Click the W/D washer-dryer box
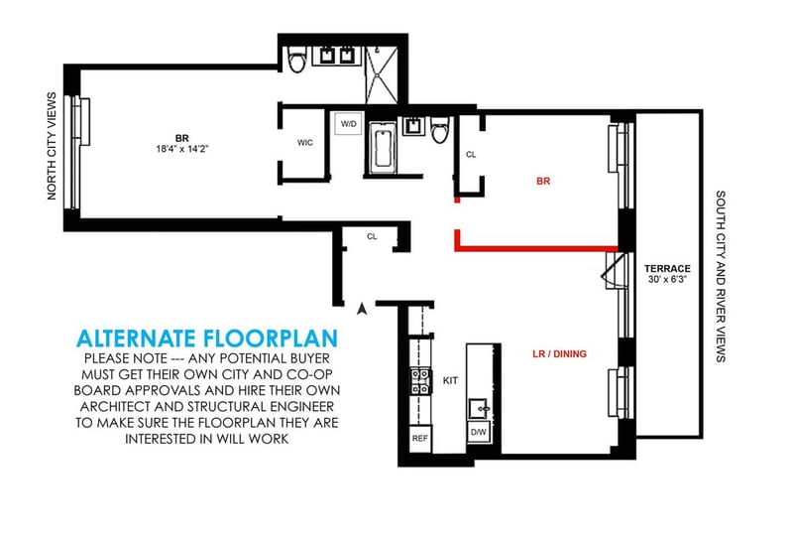click(349, 124)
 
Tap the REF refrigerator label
click(419, 438)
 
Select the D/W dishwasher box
click(479, 432)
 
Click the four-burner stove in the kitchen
click(420, 381)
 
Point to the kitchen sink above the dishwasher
click(479, 408)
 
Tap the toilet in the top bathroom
click(296, 60)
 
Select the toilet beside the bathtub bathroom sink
click(440, 130)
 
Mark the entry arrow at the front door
click(361, 309)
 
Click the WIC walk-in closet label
click(305, 143)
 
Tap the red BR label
click(543, 181)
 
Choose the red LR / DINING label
click(559, 354)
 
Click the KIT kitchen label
click(450, 380)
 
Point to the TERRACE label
click(667, 269)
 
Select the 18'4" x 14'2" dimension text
click(182, 149)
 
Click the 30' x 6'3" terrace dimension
click(667, 280)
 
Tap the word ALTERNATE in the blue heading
click(136, 339)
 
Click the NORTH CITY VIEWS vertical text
click(52, 146)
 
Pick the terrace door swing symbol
click(613, 270)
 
